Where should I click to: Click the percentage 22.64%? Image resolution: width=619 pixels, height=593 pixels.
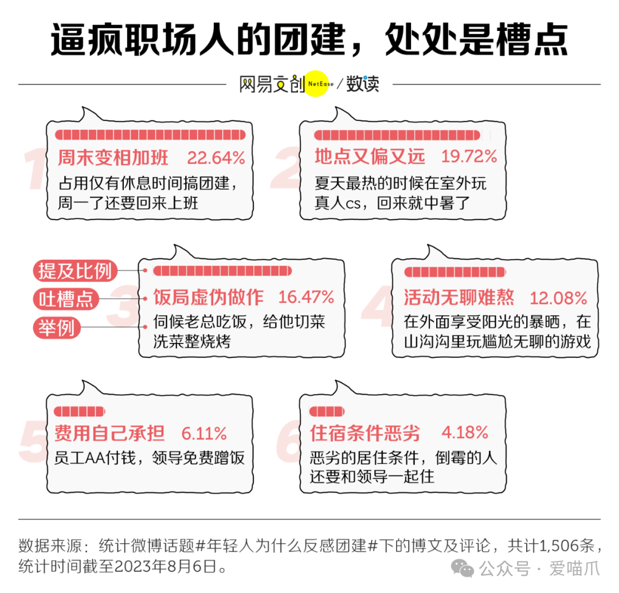pyautogui.click(x=216, y=158)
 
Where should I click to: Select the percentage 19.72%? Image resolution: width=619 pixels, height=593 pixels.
pyautogui.click(x=469, y=156)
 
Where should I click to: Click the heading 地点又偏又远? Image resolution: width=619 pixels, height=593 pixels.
pyautogui.click(x=370, y=156)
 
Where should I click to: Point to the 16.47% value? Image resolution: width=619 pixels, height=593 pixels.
pyautogui.click(x=306, y=297)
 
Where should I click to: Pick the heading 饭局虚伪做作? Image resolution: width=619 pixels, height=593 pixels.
pyautogui.click(x=208, y=297)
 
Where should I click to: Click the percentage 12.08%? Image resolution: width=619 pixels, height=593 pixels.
pyautogui.click(x=558, y=298)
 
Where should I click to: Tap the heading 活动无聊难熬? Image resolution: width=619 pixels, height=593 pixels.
pyautogui.click(x=459, y=298)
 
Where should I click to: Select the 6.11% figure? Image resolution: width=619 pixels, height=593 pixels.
pyautogui.click(x=204, y=433)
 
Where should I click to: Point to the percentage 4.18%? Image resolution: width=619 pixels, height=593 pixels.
pyautogui.click(x=465, y=432)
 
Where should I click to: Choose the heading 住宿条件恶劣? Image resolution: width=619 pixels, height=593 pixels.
pyautogui.click(x=365, y=433)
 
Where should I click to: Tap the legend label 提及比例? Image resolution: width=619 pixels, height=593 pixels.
pyautogui.click(x=75, y=271)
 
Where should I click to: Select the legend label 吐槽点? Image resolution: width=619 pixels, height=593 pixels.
pyautogui.click(x=65, y=299)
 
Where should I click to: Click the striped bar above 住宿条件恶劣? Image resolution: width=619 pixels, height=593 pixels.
pyautogui.click(x=327, y=412)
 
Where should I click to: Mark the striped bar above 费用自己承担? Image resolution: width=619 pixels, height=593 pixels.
pyautogui.click(x=79, y=412)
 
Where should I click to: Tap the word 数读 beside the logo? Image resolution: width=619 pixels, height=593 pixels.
pyautogui.click(x=362, y=84)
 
